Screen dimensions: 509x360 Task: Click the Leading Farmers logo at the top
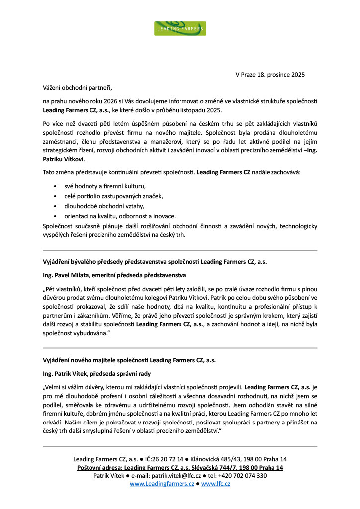coord(180,28)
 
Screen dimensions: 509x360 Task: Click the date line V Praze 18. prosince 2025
coord(270,75)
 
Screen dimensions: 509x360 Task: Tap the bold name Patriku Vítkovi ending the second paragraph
coord(63,159)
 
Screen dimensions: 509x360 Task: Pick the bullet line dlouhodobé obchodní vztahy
coord(98,206)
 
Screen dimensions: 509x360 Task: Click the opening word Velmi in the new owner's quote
coord(55,386)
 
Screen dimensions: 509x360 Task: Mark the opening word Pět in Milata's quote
coord(52,288)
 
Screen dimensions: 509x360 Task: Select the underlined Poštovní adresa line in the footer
coord(180,468)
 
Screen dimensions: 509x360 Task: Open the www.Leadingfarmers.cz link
coord(162,484)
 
